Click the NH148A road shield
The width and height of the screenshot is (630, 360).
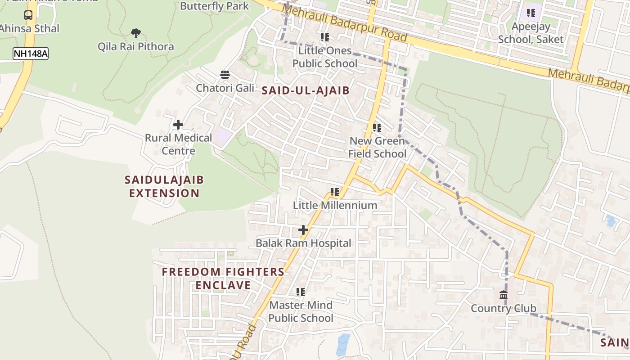click(x=30, y=54)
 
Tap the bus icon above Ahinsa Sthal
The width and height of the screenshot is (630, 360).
click(x=28, y=15)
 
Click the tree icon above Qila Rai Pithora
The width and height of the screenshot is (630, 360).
click(x=135, y=33)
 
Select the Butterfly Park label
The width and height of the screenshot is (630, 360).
click(x=214, y=6)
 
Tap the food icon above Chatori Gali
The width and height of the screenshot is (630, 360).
click(x=225, y=74)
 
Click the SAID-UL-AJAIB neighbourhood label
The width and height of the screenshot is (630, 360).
click(x=306, y=90)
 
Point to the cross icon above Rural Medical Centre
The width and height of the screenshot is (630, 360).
click(x=178, y=125)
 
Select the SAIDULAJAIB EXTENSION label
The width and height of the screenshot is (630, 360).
click(x=164, y=187)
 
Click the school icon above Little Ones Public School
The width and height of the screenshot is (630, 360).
click(x=324, y=37)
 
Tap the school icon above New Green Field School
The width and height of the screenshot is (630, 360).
click(x=377, y=128)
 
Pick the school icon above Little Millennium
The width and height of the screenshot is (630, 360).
click(x=335, y=192)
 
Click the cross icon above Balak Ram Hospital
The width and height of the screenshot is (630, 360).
click(x=303, y=230)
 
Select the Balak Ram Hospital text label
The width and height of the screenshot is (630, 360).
click(x=303, y=243)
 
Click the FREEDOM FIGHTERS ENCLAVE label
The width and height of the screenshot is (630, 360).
click(x=223, y=279)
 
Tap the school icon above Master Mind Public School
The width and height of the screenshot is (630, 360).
click(x=301, y=292)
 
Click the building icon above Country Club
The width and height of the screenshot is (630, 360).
click(x=504, y=296)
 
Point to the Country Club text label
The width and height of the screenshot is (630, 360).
click(x=504, y=309)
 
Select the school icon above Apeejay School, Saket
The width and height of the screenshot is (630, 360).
click(x=531, y=13)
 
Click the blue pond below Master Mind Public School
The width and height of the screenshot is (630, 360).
click(x=343, y=344)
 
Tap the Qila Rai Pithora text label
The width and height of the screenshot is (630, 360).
click(x=135, y=46)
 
